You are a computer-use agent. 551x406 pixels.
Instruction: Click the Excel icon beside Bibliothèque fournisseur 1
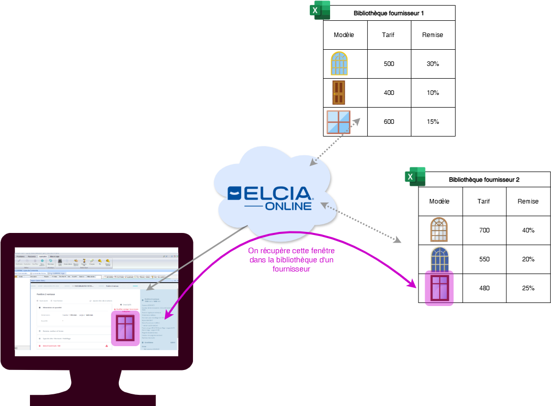(320, 10)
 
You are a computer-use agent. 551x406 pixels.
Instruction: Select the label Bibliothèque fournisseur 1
(388, 13)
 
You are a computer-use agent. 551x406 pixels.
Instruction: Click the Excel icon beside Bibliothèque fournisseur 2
(415, 177)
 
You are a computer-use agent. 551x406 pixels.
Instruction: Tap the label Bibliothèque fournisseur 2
(484, 180)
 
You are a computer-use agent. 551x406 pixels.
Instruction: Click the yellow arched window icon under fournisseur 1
(339, 63)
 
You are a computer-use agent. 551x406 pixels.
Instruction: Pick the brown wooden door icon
(339, 92)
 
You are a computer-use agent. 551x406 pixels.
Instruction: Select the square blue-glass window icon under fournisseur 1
(338, 122)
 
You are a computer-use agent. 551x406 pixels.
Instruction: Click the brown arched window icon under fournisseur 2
(439, 229)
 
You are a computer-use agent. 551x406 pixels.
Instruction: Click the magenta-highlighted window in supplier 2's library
(439, 289)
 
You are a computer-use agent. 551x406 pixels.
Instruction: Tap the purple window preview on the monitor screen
(125, 328)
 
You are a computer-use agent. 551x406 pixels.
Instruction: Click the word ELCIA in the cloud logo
(277, 193)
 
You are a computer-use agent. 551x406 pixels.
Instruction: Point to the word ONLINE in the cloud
(288, 206)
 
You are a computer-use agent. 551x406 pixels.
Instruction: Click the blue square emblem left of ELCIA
(235, 193)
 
